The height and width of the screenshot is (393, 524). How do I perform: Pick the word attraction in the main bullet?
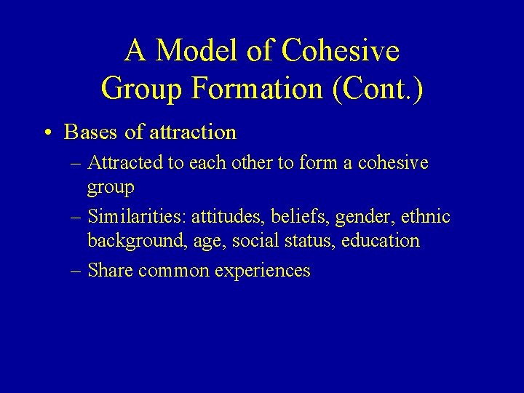pyautogui.click(x=191, y=132)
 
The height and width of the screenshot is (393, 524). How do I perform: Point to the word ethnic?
pyautogui.click(x=425, y=217)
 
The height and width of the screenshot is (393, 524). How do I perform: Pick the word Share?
pyautogui.click(x=110, y=271)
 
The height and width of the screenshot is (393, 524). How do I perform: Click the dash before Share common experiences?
pyautogui.click(x=75, y=271)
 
